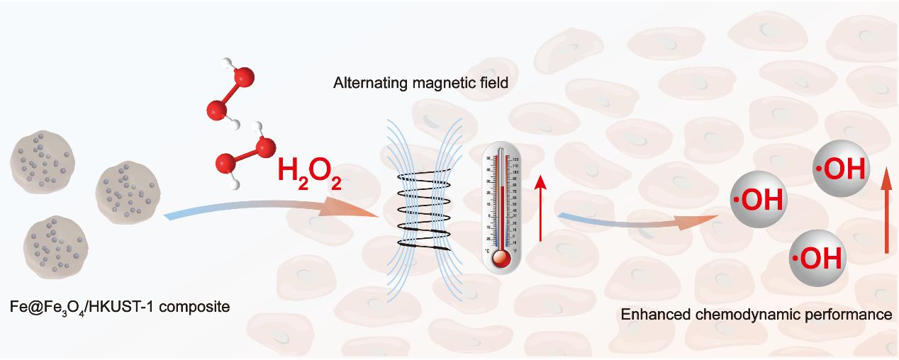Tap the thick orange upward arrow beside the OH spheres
tap(885, 213)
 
